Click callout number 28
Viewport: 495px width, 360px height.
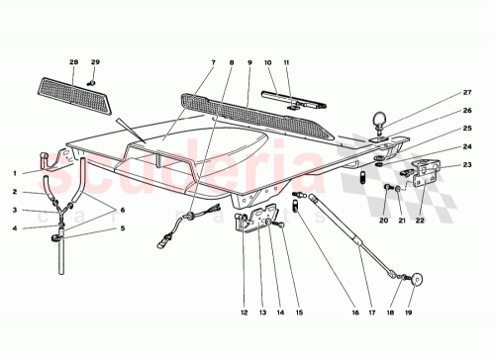pyautogui.click(x=73, y=62)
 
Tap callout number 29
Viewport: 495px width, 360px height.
pyautogui.click(x=95, y=62)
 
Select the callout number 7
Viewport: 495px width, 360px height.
pyautogui.click(x=212, y=63)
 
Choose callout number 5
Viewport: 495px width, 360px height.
pyautogui.click(x=122, y=228)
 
